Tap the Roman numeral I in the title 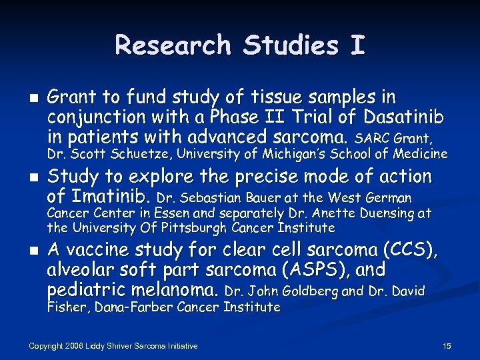click(357, 45)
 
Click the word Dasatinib click(404, 118)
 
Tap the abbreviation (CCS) click(409, 251)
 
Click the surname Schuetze click(143, 154)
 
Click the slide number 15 click(447, 346)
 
